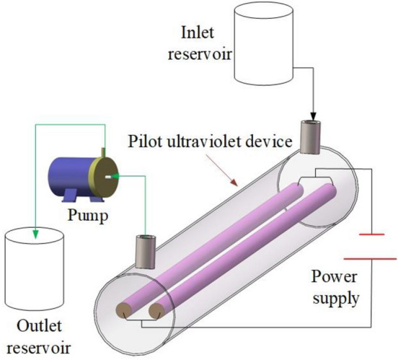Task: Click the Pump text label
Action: tap(84, 214)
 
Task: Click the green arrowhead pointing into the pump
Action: tap(115, 175)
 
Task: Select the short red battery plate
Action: tap(373, 234)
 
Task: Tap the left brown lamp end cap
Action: tap(125, 312)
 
